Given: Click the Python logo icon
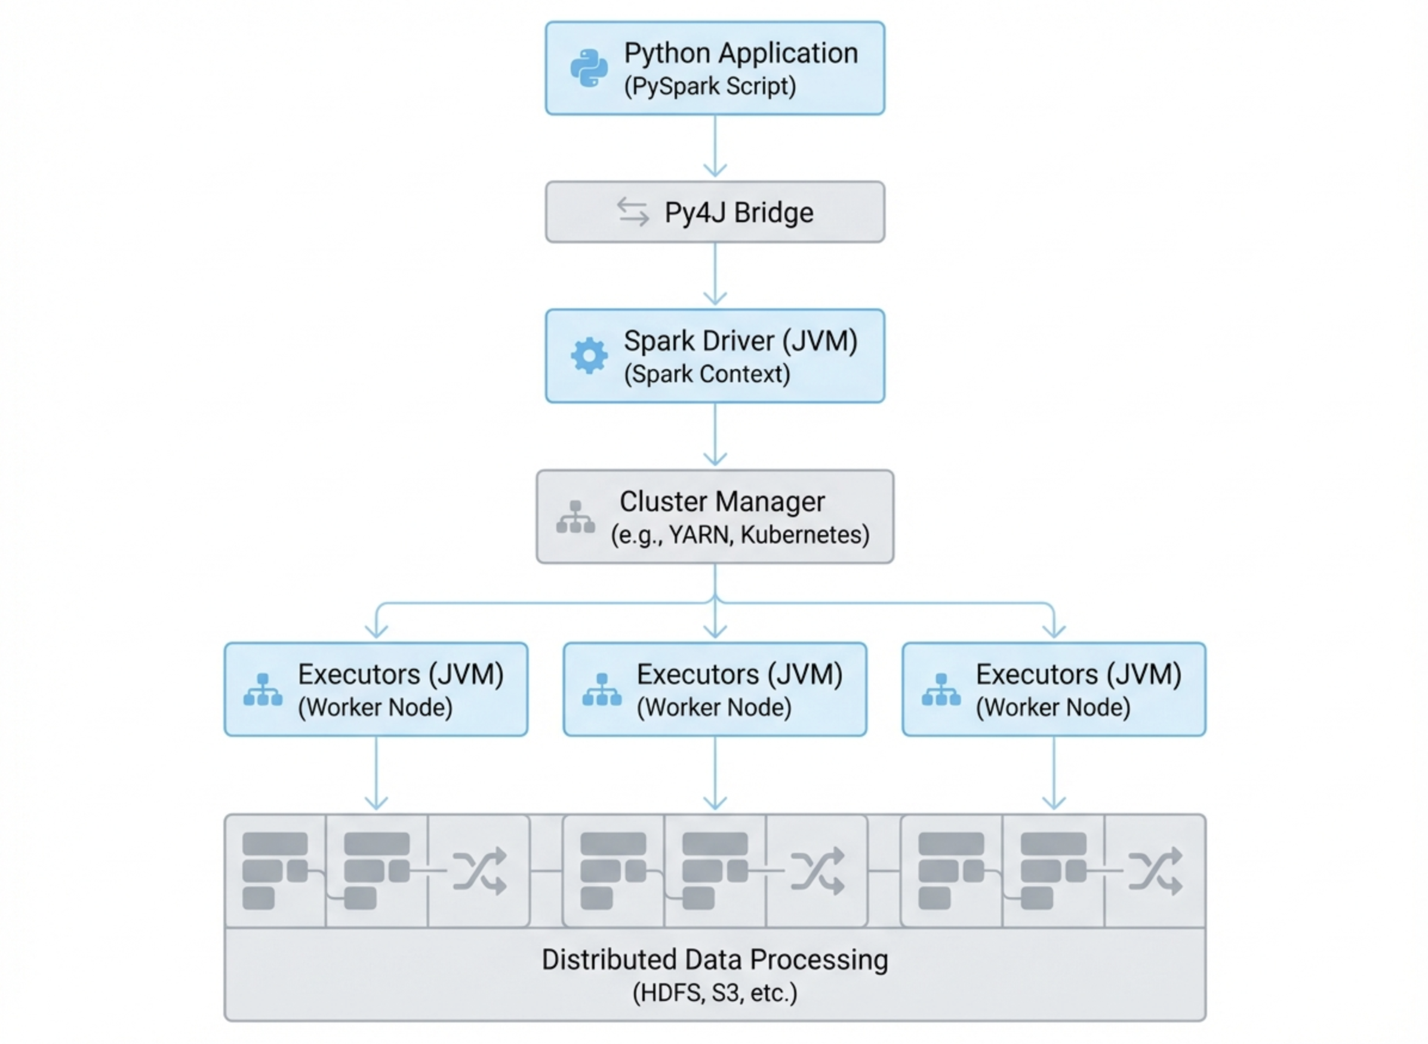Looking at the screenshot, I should click(x=589, y=67).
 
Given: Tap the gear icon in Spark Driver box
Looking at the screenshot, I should click(x=589, y=355).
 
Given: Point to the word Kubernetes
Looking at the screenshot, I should click(x=805, y=535).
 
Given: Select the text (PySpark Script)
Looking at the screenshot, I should click(x=710, y=86).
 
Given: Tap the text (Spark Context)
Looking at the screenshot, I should click(x=707, y=373).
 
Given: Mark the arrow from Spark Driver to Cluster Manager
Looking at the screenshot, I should click(x=715, y=435).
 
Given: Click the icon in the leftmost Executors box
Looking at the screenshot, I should click(x=263, y=689).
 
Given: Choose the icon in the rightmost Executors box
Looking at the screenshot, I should click(x=940, y=689).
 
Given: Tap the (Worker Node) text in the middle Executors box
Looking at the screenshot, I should click(x=713, y=707).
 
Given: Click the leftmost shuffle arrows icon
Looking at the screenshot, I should click(x=479, y=870).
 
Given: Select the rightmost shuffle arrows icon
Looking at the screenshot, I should click(x=1155, y=870).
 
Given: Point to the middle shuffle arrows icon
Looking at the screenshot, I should click(x=817, y=870).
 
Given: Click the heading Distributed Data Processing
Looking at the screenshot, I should click(x=715, y=959).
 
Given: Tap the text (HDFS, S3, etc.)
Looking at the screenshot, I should click(x=715, y=993).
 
